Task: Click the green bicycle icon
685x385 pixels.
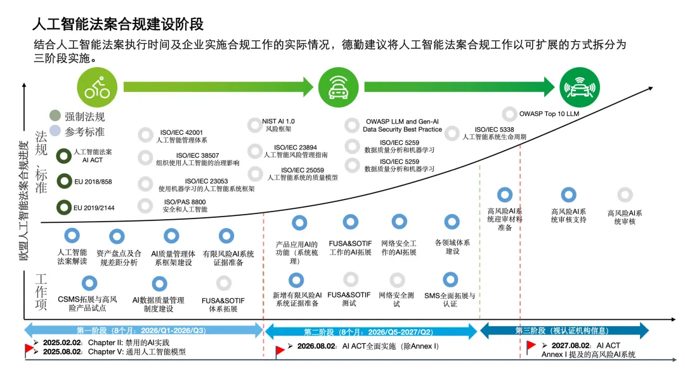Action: (97, 87)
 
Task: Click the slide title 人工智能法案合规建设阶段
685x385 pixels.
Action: (118, 25)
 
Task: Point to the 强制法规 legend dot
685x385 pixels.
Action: (56, 117)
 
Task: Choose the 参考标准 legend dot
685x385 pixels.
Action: (56, 132)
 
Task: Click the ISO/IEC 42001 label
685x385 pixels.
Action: (181, 133)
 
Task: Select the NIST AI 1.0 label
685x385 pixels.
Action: (279, 121)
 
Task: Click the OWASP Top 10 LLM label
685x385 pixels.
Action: (549, 114)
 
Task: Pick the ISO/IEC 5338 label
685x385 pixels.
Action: (494, 129)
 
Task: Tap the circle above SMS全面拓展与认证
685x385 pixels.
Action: (450, 279)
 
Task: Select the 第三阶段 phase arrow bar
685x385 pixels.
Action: (564, 330)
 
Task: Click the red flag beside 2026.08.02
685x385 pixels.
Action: (280, 350)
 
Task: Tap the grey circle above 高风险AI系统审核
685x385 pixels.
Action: (625, 195)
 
